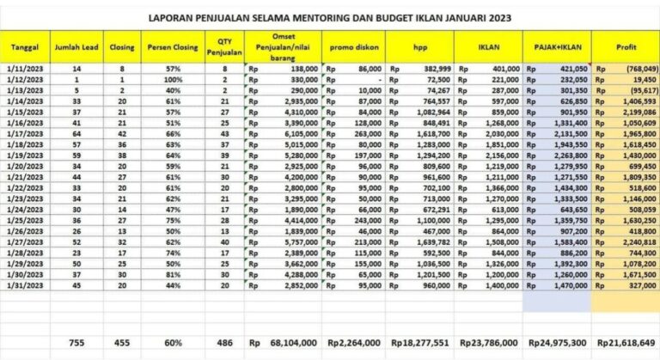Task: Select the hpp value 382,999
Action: [434, 67]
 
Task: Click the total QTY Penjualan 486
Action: [223, 343]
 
